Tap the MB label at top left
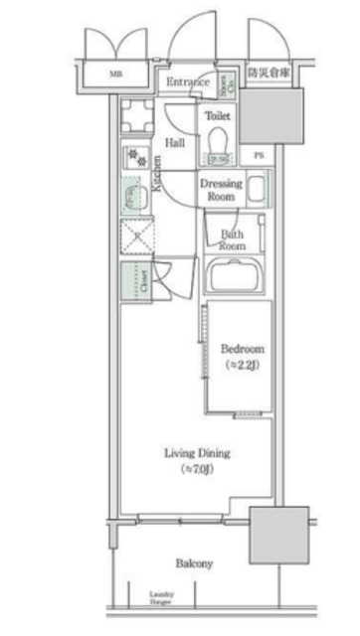point(116,74)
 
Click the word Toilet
point(218,115)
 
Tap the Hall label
point(175,142)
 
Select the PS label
point(258,155)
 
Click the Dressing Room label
point(221,190)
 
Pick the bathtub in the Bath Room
point(238,274)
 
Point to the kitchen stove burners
point(134,157)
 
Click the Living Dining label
point(197,453)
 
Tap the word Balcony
point(194,562)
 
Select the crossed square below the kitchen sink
point(134,238)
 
